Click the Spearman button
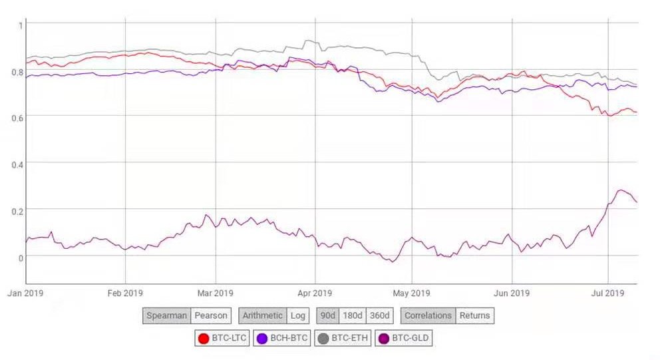(166, 315)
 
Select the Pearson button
(211, 315)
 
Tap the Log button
(297, 315)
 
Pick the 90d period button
(327, 315)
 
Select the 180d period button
(352, 315)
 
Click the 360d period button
(380, 315)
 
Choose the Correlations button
(428, 315)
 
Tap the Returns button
(475, 315)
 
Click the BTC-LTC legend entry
(222, 339)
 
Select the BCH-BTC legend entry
(281, 339)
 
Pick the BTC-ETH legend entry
(343, 339)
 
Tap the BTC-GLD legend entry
(403, 339)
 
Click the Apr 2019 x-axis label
(315, 293)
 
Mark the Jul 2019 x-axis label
(607, 293)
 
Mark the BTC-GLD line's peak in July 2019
(621, 190)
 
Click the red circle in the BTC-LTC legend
(204, 339)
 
